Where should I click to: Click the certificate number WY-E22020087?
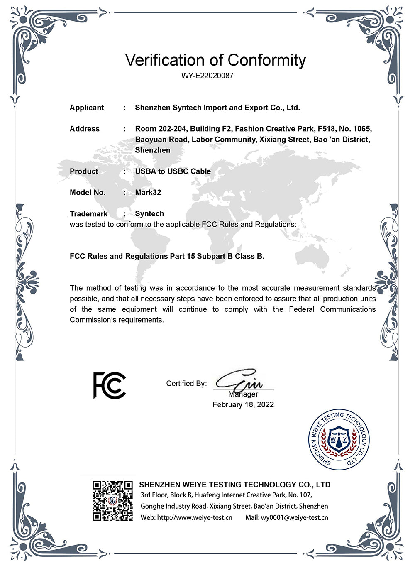207,76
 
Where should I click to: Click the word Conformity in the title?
266,60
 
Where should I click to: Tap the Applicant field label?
87,108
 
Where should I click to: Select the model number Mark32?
148,193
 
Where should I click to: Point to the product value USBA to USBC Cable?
173,171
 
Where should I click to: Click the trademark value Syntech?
149,214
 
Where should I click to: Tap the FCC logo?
109,385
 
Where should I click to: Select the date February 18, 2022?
243,405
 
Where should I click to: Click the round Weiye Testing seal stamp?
339,439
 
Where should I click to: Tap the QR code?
112,501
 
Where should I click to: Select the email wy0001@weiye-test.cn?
294,518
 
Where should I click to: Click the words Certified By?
186,384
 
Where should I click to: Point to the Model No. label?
88,193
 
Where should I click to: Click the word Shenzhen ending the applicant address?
153,150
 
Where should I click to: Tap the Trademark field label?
89,214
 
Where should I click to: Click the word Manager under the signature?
243,394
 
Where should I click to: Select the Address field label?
85,129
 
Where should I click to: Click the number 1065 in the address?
362,129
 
